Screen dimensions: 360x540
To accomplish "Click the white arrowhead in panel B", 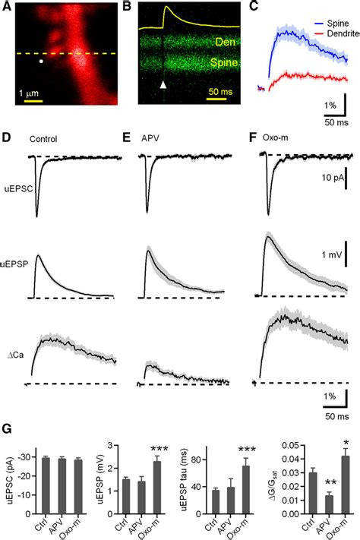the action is tap(163, 85).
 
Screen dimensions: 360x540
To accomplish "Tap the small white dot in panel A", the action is tap(41, 62).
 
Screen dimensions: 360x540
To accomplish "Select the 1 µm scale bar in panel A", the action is tap(33, 101).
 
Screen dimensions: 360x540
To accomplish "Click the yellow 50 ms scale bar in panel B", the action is tap(216, 99).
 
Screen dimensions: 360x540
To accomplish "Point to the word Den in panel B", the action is tap(226, 42).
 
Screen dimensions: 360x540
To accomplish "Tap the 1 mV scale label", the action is tap(332, 255).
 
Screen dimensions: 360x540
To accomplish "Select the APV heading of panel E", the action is tap(150, 139).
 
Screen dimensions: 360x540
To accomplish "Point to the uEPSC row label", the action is tap(18, 188).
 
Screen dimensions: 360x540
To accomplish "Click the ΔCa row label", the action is tap(15, 355).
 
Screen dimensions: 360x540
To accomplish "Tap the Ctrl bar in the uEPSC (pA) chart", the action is tap(46, 486).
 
